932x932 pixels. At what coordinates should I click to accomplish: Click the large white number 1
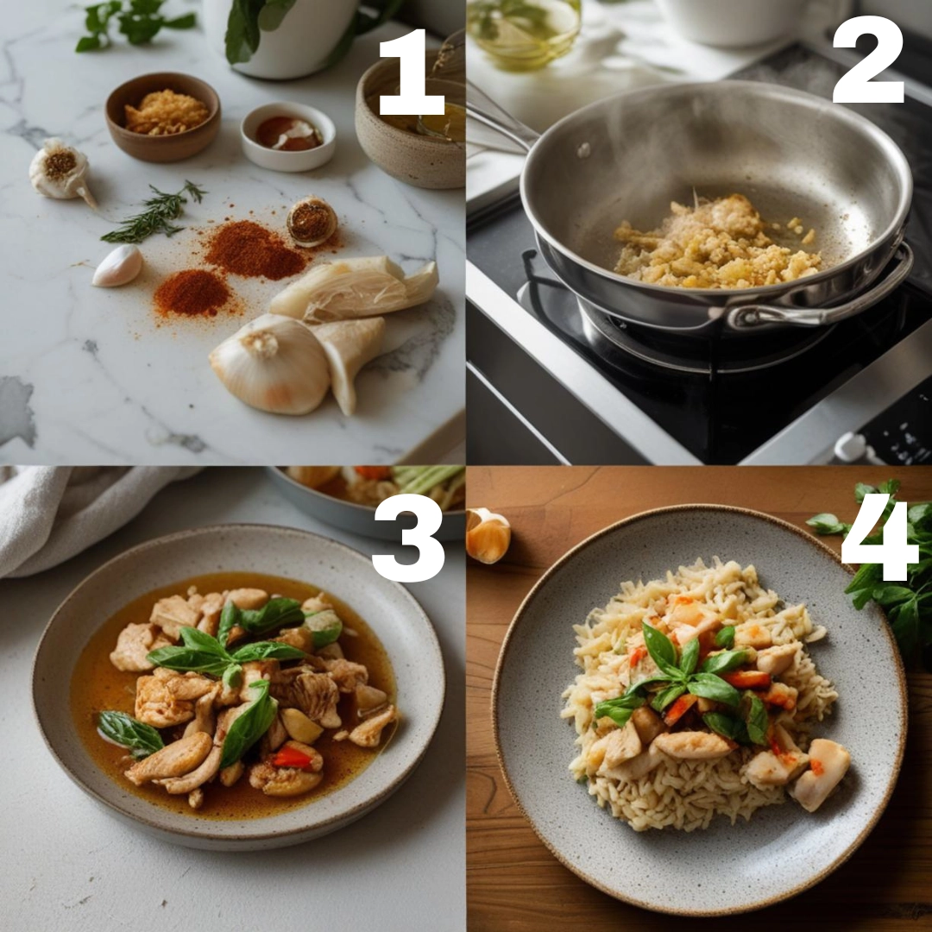pos(412,72)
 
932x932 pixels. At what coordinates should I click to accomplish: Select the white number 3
pos(409,538)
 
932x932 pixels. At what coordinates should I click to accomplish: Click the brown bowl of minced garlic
pos(163,117)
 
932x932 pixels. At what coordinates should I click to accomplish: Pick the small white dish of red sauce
pos(287,136)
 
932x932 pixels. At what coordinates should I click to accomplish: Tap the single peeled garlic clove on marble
pos(117,266)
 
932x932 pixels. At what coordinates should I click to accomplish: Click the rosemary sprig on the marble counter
pos(154,213)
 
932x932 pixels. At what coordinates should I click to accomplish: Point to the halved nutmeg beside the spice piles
pos(312,222)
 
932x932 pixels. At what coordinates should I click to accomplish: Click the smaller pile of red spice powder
pos(192,293)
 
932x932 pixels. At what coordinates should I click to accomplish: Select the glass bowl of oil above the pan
pos(523,27)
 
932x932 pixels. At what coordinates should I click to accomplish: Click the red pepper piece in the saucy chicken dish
pos(293,757)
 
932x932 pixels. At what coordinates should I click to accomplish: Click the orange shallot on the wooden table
pos(488,536)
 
